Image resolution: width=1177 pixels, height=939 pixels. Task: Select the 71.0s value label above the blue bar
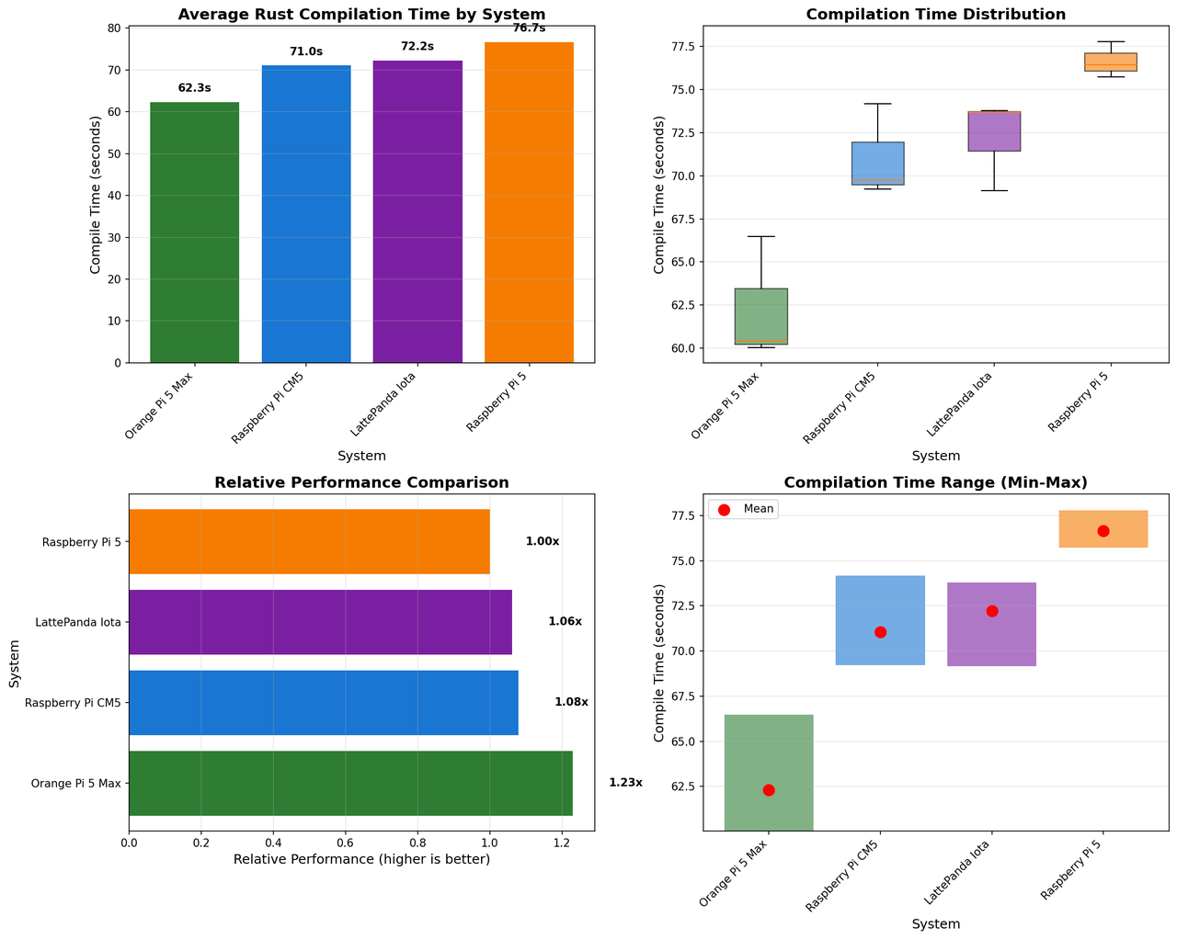tap(306, 52)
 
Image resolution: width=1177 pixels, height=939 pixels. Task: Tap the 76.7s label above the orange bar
tap(529, 28)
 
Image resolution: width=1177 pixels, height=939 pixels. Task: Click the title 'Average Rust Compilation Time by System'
tap(361, 15)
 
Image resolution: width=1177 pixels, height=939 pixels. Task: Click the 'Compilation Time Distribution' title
tap(935, 15)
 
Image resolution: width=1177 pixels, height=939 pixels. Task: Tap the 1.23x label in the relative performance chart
tap(625, 783)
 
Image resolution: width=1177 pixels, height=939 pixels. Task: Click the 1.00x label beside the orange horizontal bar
tap(543, 542)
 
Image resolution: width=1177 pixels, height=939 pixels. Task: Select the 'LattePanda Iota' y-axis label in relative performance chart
tap(79, 622)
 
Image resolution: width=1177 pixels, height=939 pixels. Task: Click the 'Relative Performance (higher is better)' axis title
tap(361, 860)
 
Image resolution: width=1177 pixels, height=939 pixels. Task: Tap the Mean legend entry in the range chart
tap(744, 509)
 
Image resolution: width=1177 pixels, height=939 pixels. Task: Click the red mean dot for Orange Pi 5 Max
tap(769, 790)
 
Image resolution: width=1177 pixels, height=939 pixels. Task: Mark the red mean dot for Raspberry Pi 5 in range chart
tap(1103, 531)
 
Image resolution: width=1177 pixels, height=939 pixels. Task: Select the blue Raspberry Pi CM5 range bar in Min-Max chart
tap(880, 620)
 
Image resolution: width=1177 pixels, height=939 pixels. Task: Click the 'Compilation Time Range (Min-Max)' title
tap(935, 483)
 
